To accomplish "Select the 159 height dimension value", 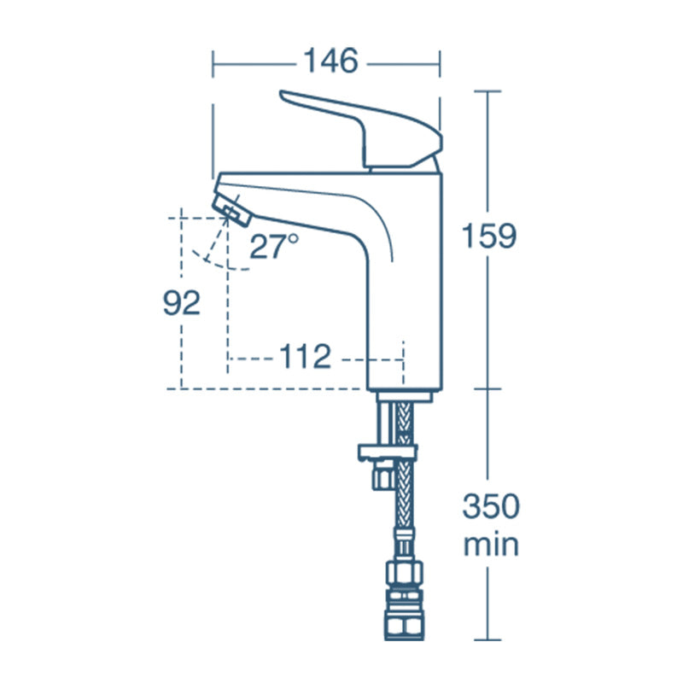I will coord(489,236).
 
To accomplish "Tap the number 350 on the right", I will coord(490,507).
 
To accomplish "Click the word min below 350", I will coord(490,545).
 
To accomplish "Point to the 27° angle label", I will coord(274,247).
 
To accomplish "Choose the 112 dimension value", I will coord(305,357).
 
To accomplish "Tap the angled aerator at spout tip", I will coord(231,207).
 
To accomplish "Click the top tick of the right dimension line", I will coord(487,90).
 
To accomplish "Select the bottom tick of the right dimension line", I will coord(487,639).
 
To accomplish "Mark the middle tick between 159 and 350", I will coord(487,388).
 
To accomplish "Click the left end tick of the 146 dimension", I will coord(213,62).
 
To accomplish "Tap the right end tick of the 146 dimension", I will coord(440,62).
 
